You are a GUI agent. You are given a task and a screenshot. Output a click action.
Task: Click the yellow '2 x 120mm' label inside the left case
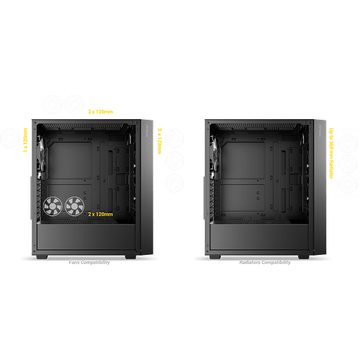pyautogui.click(x=100, y=215)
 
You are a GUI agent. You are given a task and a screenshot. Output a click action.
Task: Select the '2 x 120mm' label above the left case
pyautogui.click(x=100, y=112)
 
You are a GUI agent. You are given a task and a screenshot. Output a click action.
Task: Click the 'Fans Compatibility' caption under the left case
pyautogui.click(x=89, y=262)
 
